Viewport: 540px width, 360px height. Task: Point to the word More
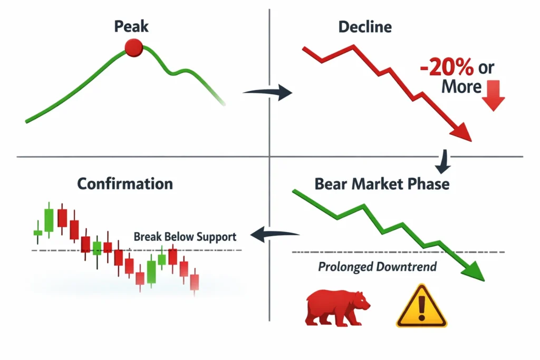click(461, 86)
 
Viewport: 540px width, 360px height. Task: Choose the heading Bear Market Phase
click(382, 184)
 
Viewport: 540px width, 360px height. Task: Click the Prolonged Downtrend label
click(377, 267)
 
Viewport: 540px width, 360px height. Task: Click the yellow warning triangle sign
click(421, 307)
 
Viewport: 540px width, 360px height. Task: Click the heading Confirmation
click(125, 184)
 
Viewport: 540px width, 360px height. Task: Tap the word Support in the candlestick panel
click(216, 237)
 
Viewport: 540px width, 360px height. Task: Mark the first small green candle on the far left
click(38, 232)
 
